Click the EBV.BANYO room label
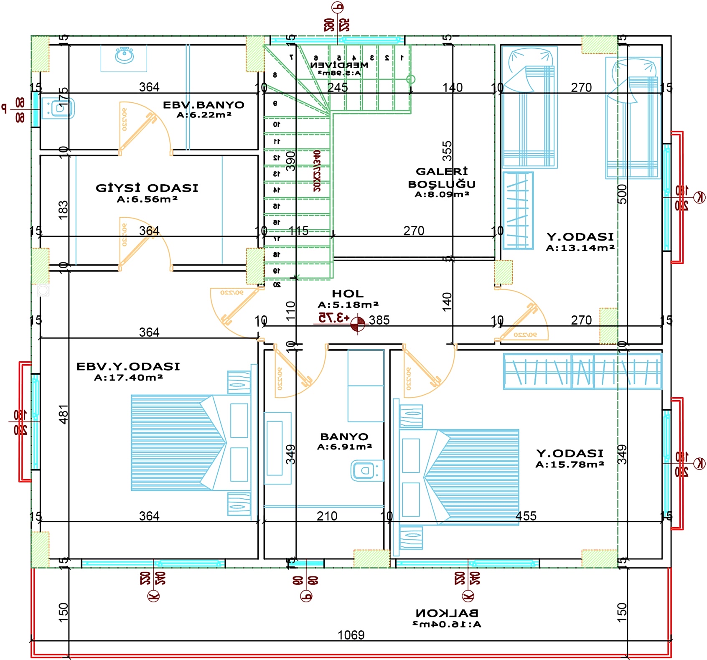click(x=203, y=105)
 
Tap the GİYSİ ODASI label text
click(x=147, y=188)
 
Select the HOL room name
click(x=348, y=294)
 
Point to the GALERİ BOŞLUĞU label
click(x=442, y=178)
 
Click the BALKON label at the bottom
click(x=447, y=613)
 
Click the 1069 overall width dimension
click(x=351, y=635)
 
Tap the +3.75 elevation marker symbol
click(x=358, y=324)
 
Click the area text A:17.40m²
click(x=128, y=378)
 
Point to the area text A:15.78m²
click(x=570, y=465)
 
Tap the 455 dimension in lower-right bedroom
click(x=526, y=516)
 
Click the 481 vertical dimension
click(x=64, y=414)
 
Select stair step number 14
click(x=276, y=190)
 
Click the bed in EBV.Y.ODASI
click(x=188, y=443)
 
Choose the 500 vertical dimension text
click(x=622, y=194)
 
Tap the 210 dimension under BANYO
click(x=327, y=516)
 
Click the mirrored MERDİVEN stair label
click(x=339, y=65)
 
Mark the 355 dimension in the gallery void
click(x=447, y=151)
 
